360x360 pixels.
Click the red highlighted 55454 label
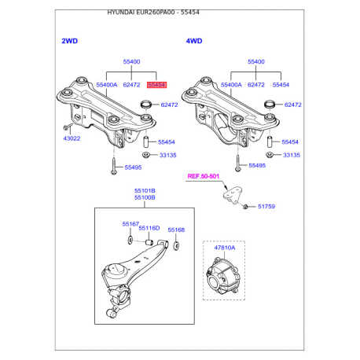pyautogui.click(x=156, y=85)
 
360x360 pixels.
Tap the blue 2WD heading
pyautogui.click(x=70, y=41)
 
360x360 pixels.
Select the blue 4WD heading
pyautogui.click(x=194, y=41)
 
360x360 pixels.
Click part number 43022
pyautogui.click(x=72, y=138)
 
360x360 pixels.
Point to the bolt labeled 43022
pyautogui.click(x=68, y=127)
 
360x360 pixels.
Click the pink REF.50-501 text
pyautogui.click(x=204, y=176)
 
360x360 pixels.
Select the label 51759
pyautogui.click(x=266, y=207)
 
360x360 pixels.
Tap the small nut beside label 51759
pyautogui.click(x=245, y=207)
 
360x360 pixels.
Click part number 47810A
pyautogui.click(x=225, y=248)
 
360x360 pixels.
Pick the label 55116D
pyautogui.click(x=149, y=228)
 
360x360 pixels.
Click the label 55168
pyautogui.click(x=176, y=230)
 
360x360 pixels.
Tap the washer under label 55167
pyautogui.click(x=130, y=240)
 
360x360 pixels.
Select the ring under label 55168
pyautogui.click(x=176, y=245)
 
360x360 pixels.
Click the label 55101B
pyautogui.click(x=145, y=191)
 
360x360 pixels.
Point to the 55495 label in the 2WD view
pyautogui.click(x=133, y=167)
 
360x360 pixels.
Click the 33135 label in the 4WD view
pyautogui.click(x=292, y=155)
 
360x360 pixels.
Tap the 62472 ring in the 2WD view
pyautogui.click(x=145, y=105)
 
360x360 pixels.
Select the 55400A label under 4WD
pyautogui.click(x=231, y=85)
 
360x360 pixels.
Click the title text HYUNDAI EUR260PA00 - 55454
pyautogui.click(x=153, y=13)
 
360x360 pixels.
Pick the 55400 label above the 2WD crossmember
pyautogui.click(x=131, y=61)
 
